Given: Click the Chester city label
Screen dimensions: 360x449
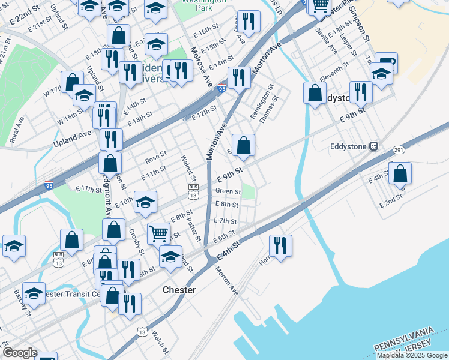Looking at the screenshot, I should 179,290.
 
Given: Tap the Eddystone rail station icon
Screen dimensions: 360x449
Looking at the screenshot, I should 373,145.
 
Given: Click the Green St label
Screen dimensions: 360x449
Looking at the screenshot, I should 228,192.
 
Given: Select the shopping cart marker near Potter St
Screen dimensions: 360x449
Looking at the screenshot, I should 158,232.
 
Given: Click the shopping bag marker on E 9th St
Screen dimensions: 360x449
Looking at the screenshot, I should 243,145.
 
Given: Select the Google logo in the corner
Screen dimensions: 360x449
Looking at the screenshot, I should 19,353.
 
